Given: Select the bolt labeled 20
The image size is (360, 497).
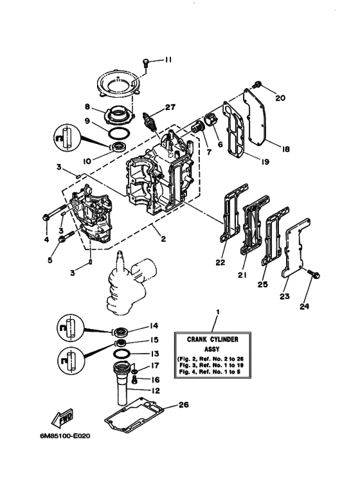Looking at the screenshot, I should (258, 84).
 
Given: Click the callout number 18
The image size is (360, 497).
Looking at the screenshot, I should (285, 148).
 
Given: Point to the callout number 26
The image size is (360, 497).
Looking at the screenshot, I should (185, 405).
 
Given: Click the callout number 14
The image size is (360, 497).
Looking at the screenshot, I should (154, 326).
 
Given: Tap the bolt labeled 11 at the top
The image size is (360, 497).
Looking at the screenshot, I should (146, 62).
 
